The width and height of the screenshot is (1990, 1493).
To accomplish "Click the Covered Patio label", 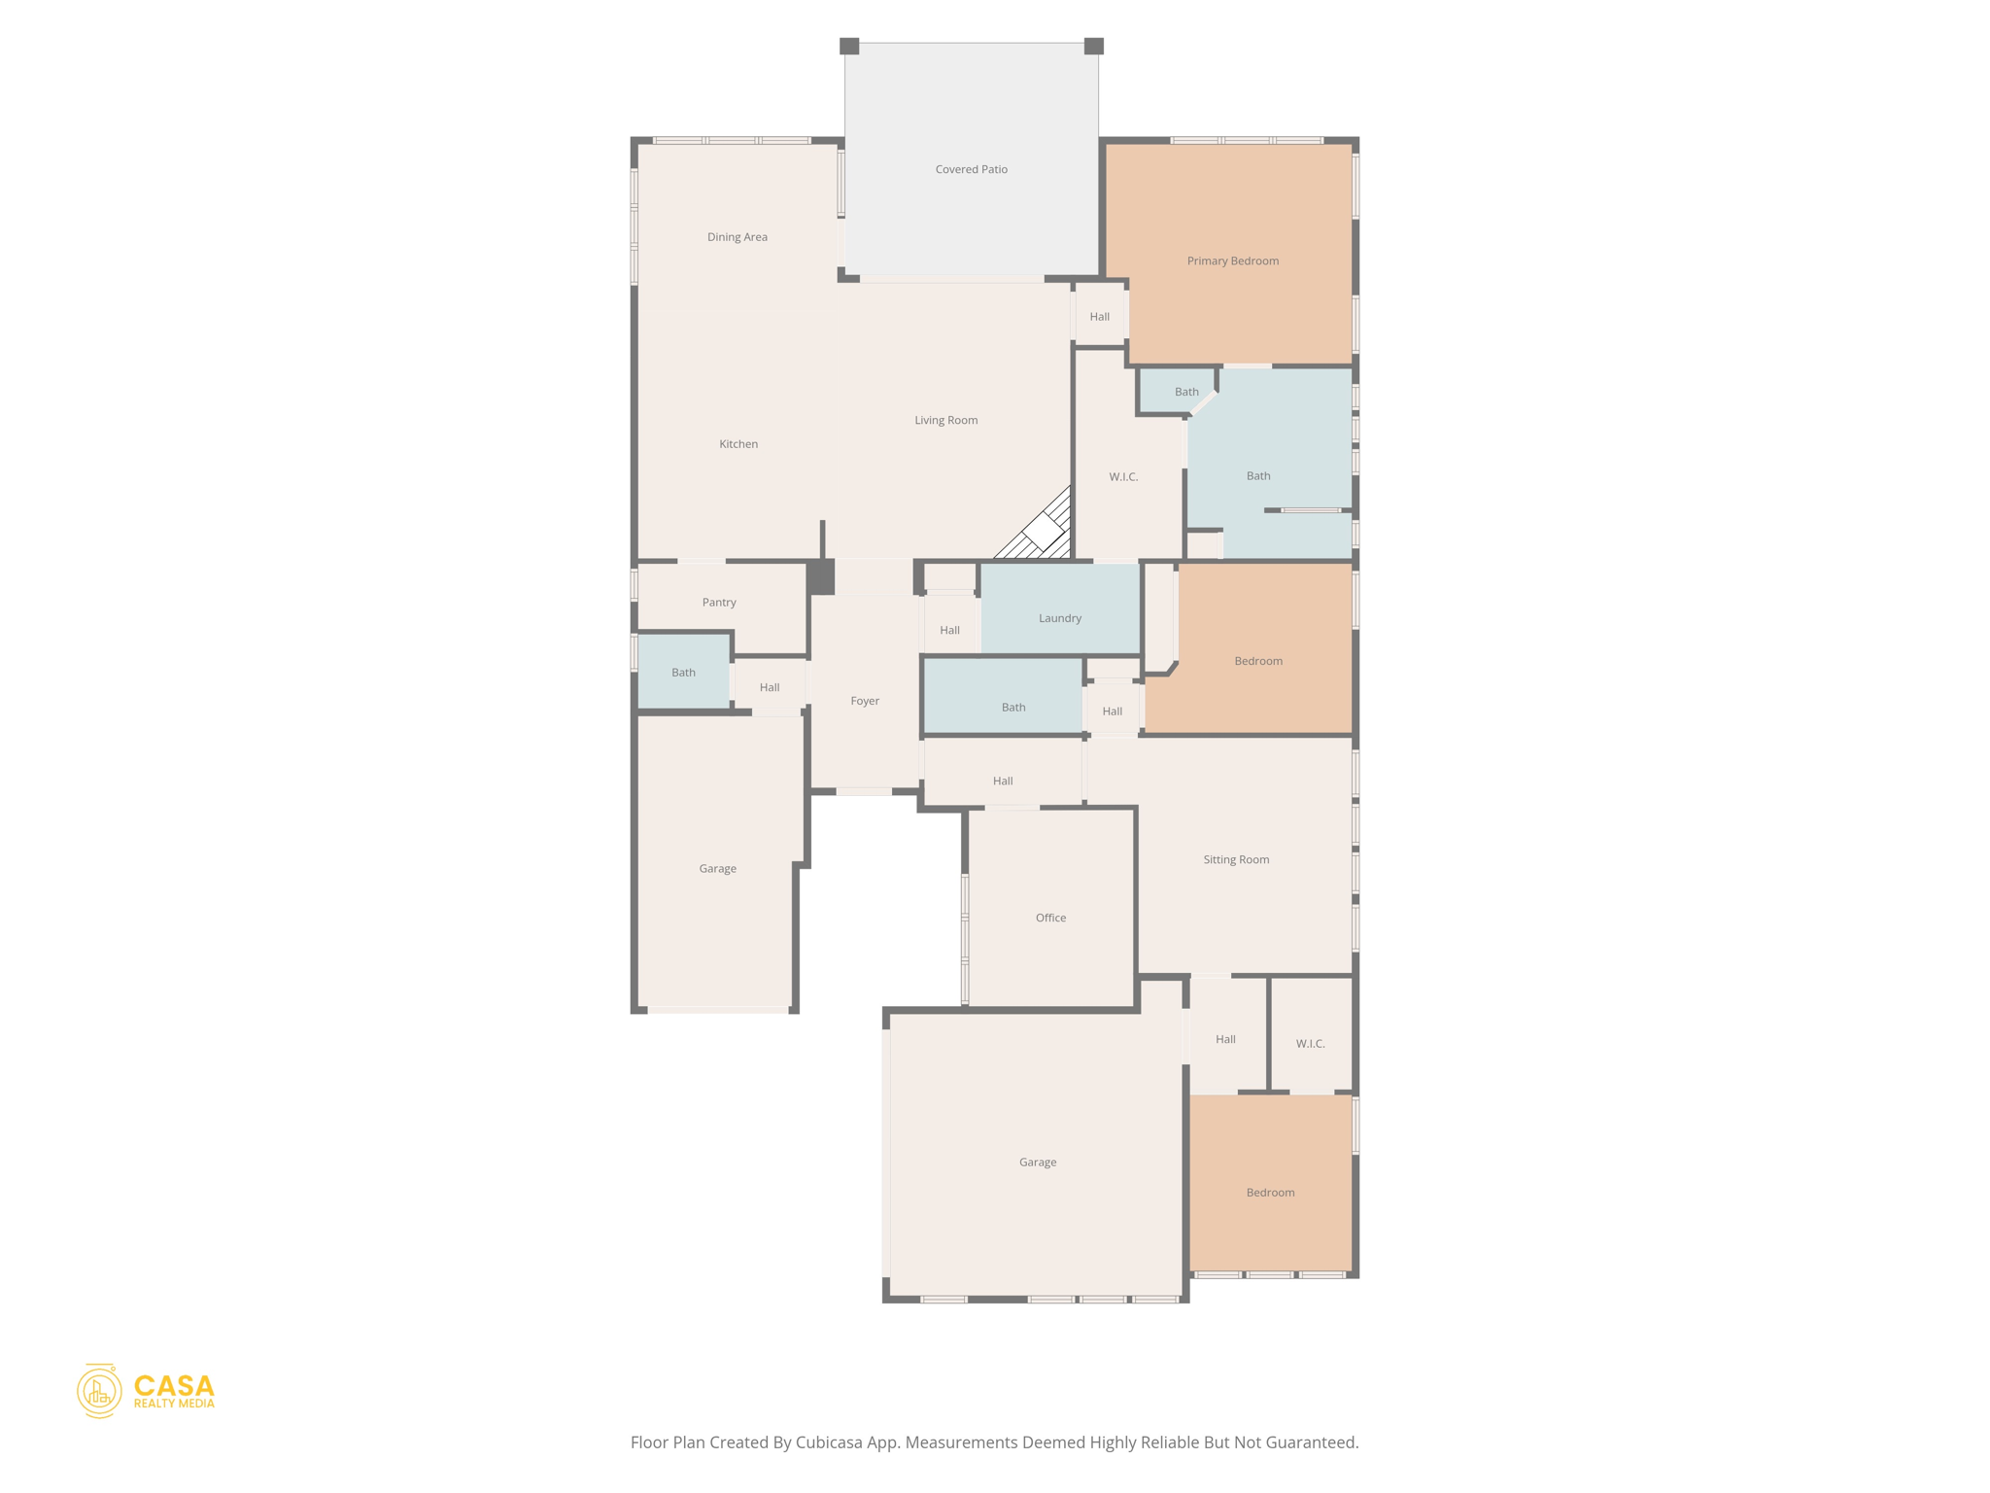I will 971,169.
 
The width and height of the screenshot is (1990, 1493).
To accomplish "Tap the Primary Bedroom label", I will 1232,260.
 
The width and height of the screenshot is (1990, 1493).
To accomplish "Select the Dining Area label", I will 737,237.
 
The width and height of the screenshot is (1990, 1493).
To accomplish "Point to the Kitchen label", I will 738,444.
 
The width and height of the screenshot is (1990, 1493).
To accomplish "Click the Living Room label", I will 945,420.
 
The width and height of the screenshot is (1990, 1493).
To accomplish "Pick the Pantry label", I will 719,603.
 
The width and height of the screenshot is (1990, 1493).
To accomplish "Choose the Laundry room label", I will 1059,618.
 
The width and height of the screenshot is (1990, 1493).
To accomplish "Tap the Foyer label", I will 865,701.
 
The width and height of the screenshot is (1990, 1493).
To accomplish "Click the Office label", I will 1050,918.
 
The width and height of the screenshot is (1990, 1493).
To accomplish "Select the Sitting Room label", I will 1236,859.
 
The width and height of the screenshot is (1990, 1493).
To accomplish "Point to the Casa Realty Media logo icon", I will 99,1391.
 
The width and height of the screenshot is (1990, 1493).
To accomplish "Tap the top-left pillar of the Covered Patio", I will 849,46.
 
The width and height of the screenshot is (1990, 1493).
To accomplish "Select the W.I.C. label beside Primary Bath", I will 1123,476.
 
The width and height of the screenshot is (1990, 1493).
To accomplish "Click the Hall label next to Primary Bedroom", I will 1099,317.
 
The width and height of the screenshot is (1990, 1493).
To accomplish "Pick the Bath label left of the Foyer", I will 683,673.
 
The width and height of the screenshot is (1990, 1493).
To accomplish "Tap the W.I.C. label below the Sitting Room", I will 1310,1044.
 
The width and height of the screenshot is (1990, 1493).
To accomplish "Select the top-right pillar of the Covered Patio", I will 1093,46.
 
